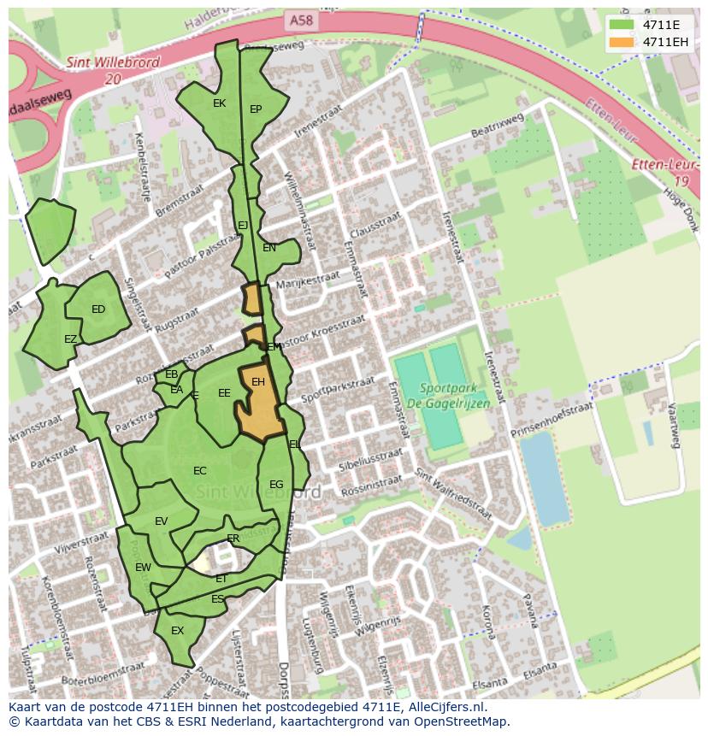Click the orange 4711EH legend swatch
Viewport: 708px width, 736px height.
pos(622,42)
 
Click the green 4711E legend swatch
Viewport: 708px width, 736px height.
pos(622,25)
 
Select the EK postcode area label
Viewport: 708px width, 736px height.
pos(219,103)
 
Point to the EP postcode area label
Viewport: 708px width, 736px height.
pos(256,109)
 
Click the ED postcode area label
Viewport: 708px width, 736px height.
pos(98,309)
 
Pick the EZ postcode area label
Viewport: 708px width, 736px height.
pos(71,339)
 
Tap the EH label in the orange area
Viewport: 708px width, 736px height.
pos(258,382)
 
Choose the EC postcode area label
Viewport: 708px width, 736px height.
pos(200,471)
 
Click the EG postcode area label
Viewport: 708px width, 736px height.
pos(276,485)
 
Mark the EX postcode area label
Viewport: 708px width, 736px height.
pos(178,631)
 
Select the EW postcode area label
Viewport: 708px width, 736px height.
pos(143,567)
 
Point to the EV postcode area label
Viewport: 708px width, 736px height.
pos(162,521)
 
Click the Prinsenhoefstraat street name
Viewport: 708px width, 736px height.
pos(552,421)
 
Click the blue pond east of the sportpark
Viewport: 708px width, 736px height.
pos(543,478)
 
